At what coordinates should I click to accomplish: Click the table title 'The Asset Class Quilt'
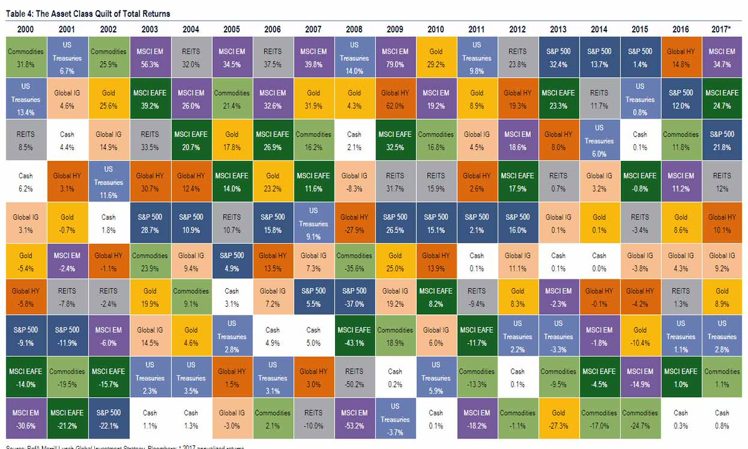[88, 13]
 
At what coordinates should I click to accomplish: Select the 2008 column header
[354, 29]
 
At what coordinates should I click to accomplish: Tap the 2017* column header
[721, 29]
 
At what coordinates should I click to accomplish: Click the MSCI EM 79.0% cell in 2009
[395, 57]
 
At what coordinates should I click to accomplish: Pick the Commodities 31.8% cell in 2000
[26, 57]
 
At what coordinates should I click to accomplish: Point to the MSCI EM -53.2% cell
[354, 419]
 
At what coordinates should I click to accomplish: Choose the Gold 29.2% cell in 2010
[435, 57]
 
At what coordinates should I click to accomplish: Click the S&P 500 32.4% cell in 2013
[558, 57]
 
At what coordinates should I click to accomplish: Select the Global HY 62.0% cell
[395, 98]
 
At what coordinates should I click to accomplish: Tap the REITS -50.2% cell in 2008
[354, 378]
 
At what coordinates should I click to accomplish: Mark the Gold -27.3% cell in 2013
[558, 419]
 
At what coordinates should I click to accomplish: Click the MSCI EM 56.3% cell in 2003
[149, 57]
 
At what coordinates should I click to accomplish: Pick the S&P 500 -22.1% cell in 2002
[108, 419]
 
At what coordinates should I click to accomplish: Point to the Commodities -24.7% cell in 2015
[639, 419]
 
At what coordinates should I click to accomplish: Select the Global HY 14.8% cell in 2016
[681, 57]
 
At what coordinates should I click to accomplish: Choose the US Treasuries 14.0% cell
[354, 57]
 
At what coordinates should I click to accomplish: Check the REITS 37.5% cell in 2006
[272, 57]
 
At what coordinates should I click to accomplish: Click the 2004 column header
[190, 29]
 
